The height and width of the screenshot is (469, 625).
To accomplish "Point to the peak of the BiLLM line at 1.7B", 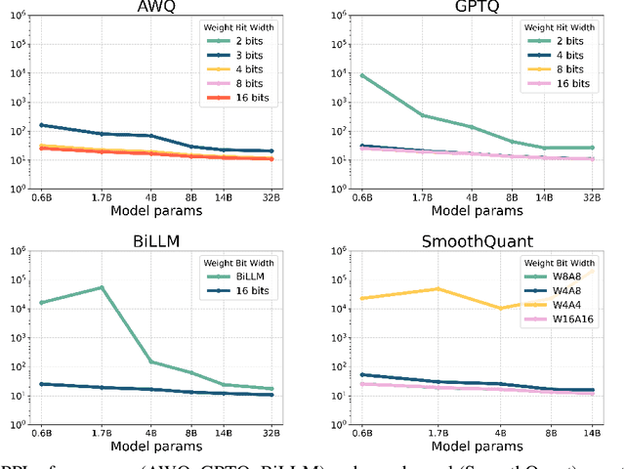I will tap(102, 287).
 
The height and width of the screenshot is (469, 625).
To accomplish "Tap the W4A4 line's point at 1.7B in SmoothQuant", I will tap(437, 289).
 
